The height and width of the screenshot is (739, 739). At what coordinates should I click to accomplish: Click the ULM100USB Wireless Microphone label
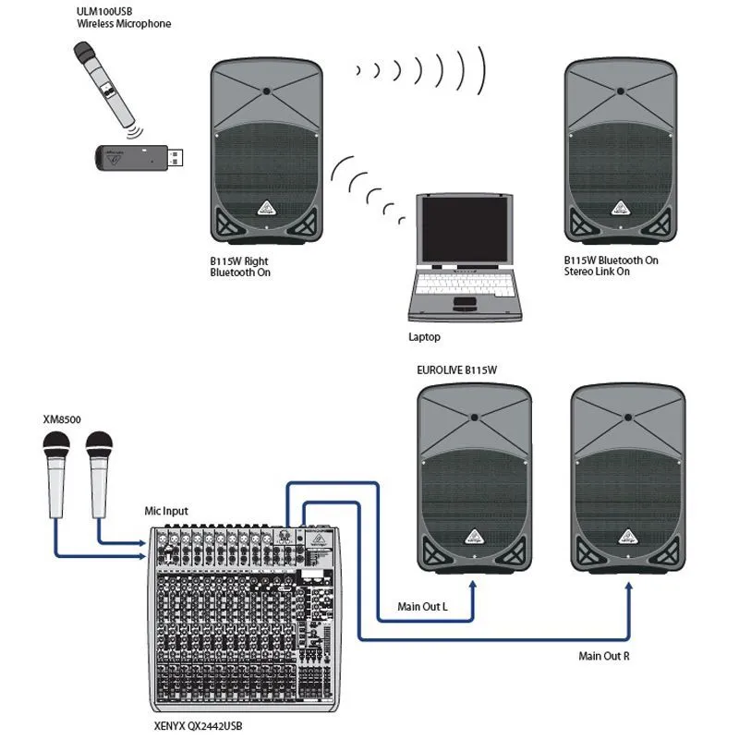tap(124, 17)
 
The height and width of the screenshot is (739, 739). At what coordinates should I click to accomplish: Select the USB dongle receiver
tap(139, 158)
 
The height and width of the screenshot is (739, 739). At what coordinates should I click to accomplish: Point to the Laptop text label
tap(424, 338)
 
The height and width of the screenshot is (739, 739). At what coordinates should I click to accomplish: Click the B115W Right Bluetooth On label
tap(240, 266)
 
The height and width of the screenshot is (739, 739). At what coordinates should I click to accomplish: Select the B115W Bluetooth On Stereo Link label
tap(611, 266)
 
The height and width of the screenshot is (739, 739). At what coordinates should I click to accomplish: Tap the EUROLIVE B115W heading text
tap(457, 369)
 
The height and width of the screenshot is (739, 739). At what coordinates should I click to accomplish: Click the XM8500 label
tap(62, 419)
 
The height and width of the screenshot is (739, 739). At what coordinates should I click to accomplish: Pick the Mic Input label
tap(167, 510)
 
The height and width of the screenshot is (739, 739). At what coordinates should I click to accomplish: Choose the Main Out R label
tap(605, 656)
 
